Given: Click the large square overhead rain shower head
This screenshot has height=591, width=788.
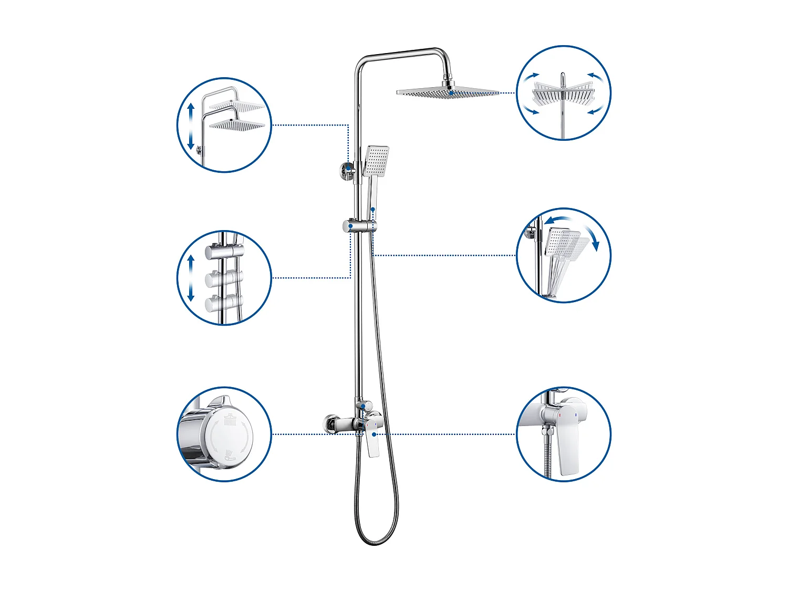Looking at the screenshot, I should tap(448, 93).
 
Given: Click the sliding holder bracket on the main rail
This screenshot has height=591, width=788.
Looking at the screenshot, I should tap(360, 226).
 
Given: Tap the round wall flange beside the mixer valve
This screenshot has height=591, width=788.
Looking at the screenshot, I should tap(330, 424).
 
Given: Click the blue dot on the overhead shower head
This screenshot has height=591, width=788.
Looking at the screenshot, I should tap(451, 93).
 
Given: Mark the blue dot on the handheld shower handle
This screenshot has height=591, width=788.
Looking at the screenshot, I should tap(373, 209).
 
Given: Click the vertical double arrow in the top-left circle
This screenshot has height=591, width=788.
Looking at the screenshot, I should tap(191, 126).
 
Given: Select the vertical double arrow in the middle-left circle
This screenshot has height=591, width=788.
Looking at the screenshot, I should tap(191, 278).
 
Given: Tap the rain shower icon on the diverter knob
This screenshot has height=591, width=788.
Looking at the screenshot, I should tap(229, 420).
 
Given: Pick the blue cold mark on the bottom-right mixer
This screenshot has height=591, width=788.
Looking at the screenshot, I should tap(576, 415).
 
